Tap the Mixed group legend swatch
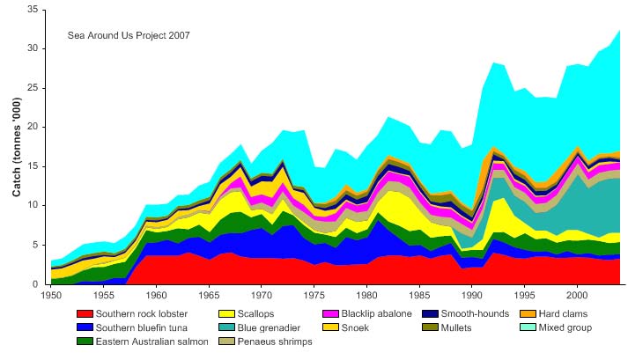pyautogui.click(x=513, y=327)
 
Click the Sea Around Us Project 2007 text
pyautogui.click(x=129, y=35)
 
